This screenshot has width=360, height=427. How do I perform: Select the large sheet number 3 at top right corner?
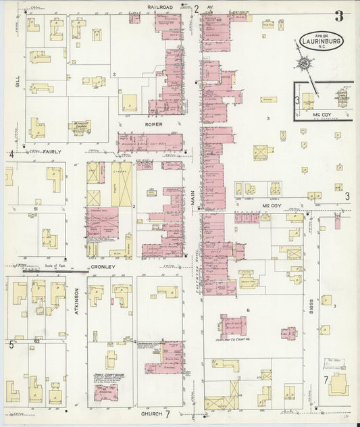338,18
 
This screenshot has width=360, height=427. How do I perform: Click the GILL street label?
18,82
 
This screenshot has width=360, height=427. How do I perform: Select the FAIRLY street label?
52,152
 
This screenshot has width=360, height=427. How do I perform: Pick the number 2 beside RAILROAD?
197,9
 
